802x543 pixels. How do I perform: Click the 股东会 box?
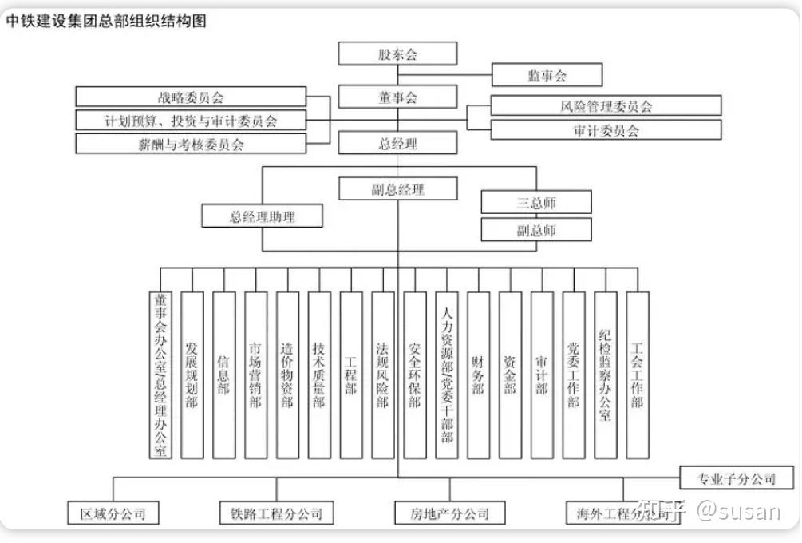click(x=397, y=54)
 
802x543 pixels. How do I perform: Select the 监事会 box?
click(x=547, y=75)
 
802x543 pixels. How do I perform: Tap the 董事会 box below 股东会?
click(x=397, y=97)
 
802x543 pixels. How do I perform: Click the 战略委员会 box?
click(x=191, y=97)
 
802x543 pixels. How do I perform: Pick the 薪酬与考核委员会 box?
click(x=191, y=144)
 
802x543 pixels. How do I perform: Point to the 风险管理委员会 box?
click(x=606, y=105)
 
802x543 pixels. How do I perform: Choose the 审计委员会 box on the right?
click(x=606, y=129)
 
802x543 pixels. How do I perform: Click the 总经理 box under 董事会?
click(x=397, y=143)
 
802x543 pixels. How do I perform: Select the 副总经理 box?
click(x=397, y=189)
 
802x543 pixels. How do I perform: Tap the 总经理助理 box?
click(x=263, y=216)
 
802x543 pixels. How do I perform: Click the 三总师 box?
click(x=536, y=202)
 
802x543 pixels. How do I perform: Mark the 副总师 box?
click(x=536, y=230)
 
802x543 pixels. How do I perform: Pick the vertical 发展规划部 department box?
click(x=192, y=375)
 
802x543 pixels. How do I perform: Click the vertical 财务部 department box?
click(x=478, y=375)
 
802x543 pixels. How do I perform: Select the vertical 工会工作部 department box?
click(x=637, y=375)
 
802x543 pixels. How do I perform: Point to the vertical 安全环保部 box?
click(x=414, y=375)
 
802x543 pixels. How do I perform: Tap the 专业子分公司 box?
click(x=737, y=478)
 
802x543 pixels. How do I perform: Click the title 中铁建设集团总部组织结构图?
click(x=106, y=22)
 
